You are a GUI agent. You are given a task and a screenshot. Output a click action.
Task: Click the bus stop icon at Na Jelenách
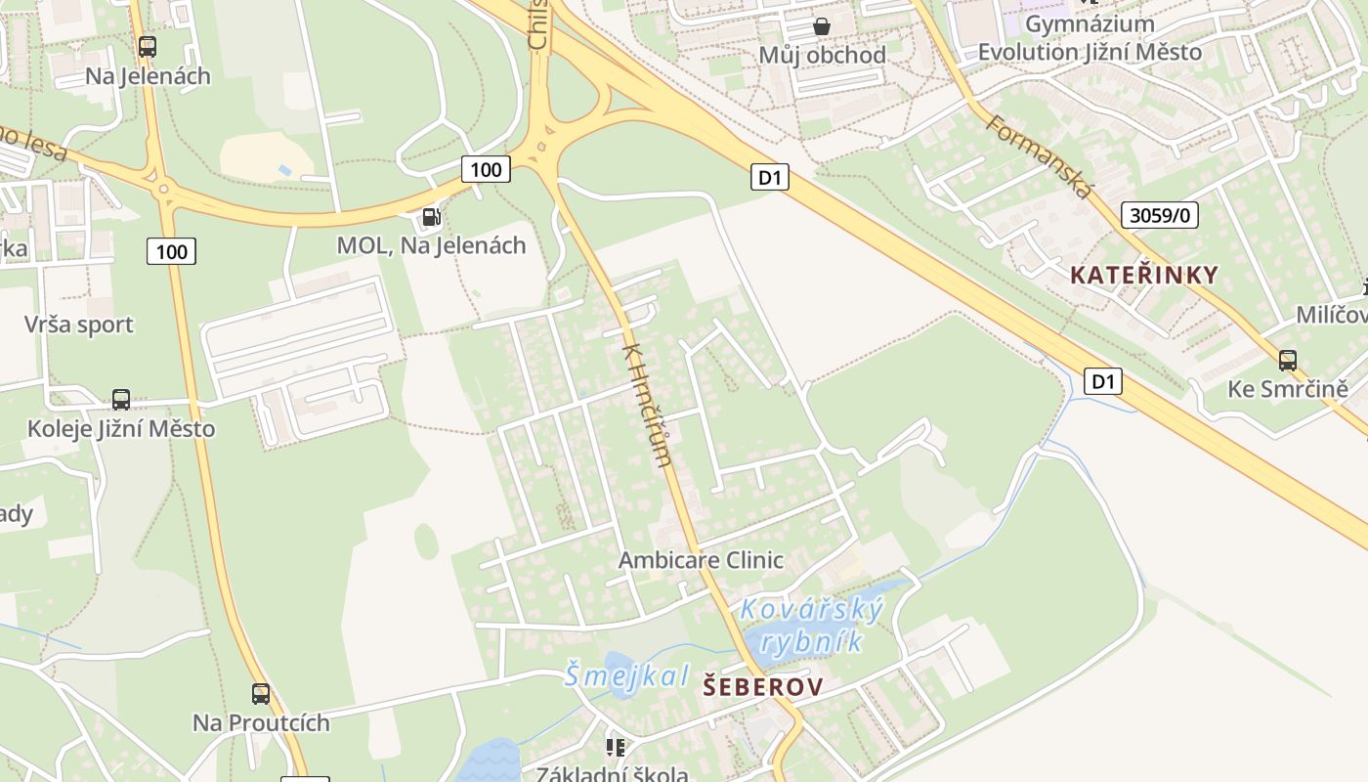click(x=148, y=46)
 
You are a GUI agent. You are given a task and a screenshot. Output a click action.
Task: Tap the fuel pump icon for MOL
click(x=431, y=216)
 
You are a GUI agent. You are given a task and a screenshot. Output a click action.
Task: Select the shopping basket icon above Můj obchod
click(x=822, y=25)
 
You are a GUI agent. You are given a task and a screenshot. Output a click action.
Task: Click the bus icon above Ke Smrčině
click(x=1288, y=360)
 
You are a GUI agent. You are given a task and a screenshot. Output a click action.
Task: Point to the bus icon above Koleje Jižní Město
click(x=121, y=399)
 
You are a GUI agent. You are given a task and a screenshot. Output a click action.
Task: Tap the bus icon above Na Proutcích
click(x=261, y=694)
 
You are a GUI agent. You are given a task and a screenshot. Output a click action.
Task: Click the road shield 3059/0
click(x=1159, y=215)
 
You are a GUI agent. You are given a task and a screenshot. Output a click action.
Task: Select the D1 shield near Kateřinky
click(x=1102, y=381)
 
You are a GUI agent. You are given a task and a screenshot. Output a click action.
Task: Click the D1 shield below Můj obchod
click(x=770, y=177)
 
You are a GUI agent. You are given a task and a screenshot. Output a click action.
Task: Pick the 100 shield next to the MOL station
click(x=486, y=169)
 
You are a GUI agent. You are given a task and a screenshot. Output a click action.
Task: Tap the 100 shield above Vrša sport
click(x=171, y=251)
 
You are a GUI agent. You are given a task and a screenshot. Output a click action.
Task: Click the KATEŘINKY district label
click(x=1144, y=275)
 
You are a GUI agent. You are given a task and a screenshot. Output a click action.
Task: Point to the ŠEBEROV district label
click(x=763, y=687)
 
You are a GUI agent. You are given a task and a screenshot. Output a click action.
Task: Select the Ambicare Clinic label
click(x=701, y=560)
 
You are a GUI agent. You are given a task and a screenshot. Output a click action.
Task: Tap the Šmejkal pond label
click(x=626, y=674)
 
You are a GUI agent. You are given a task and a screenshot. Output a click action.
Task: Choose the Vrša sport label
click(x=79, y=325)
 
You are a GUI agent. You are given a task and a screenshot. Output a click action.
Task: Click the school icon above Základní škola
click(x=615, y=748)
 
